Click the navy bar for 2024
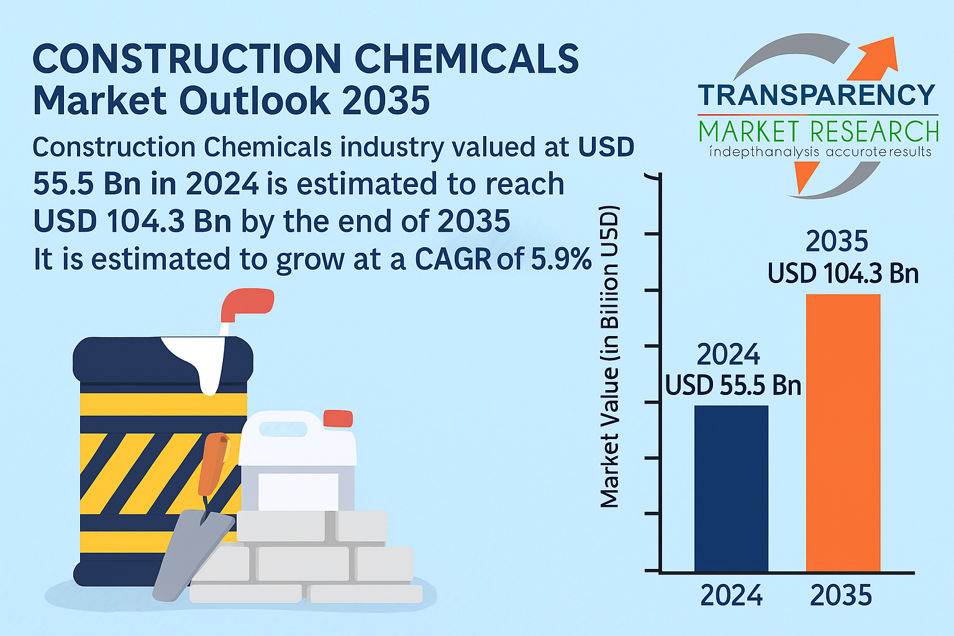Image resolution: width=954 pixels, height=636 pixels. point(731,488)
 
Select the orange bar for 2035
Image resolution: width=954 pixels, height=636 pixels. point(843,433)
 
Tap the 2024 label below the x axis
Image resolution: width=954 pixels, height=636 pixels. point(731,595)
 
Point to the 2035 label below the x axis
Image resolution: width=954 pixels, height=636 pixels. point(841,595)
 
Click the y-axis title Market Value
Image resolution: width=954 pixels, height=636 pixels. point(609,357)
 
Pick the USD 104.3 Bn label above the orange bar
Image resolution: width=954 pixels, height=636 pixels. point(843,273)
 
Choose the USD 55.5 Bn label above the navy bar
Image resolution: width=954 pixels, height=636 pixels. point(733,385)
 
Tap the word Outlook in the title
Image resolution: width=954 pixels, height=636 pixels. point(255,101)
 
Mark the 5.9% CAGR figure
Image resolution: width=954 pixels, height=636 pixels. point(561,258)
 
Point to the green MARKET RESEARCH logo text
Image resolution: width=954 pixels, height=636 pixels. point(819,131)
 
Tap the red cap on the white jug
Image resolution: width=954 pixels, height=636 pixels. point(338,419)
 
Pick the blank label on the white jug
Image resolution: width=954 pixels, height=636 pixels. point(298,491)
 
